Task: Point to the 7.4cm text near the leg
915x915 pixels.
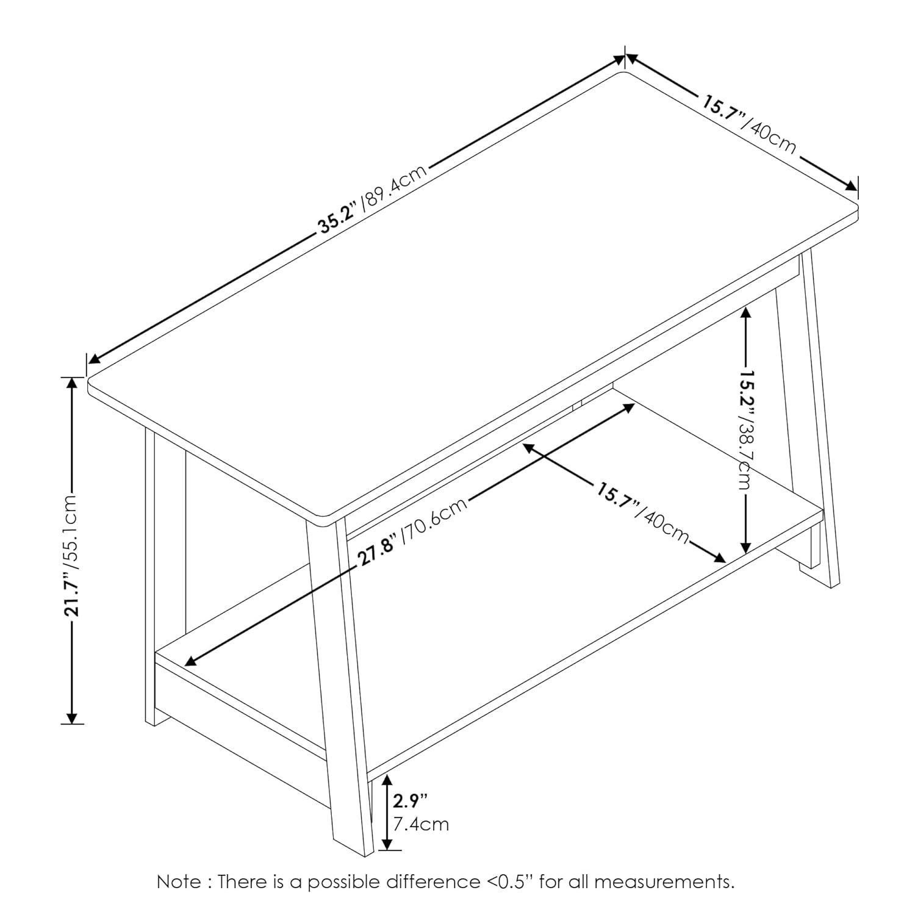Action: tap(421, 824)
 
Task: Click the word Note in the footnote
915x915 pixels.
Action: tap(178, 882)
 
